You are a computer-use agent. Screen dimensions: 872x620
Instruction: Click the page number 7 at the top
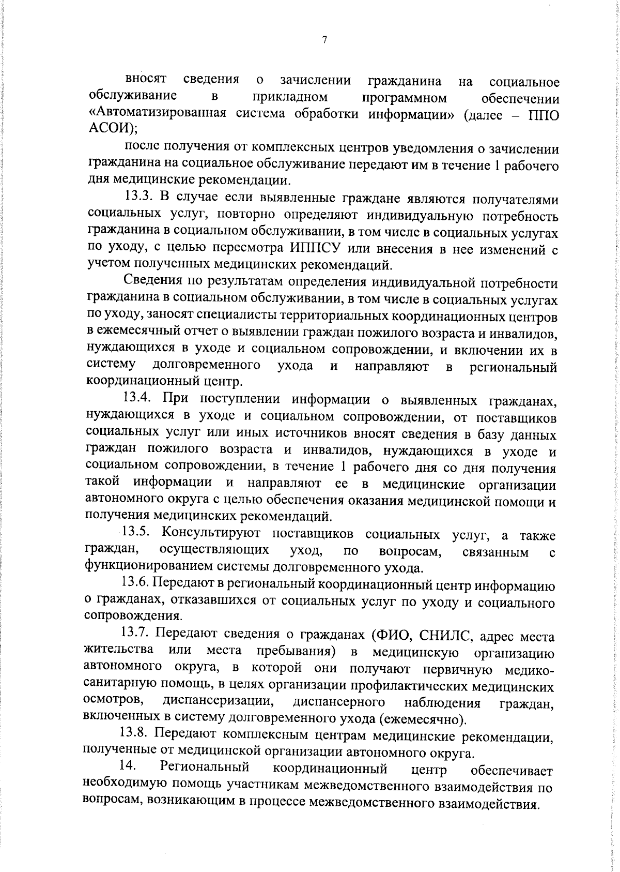pos(324,40)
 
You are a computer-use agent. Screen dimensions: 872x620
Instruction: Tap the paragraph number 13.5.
pos(136,533)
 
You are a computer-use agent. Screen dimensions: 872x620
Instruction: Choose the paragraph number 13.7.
pos(135,633)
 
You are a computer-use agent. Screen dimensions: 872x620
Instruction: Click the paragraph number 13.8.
pos(135,735)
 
